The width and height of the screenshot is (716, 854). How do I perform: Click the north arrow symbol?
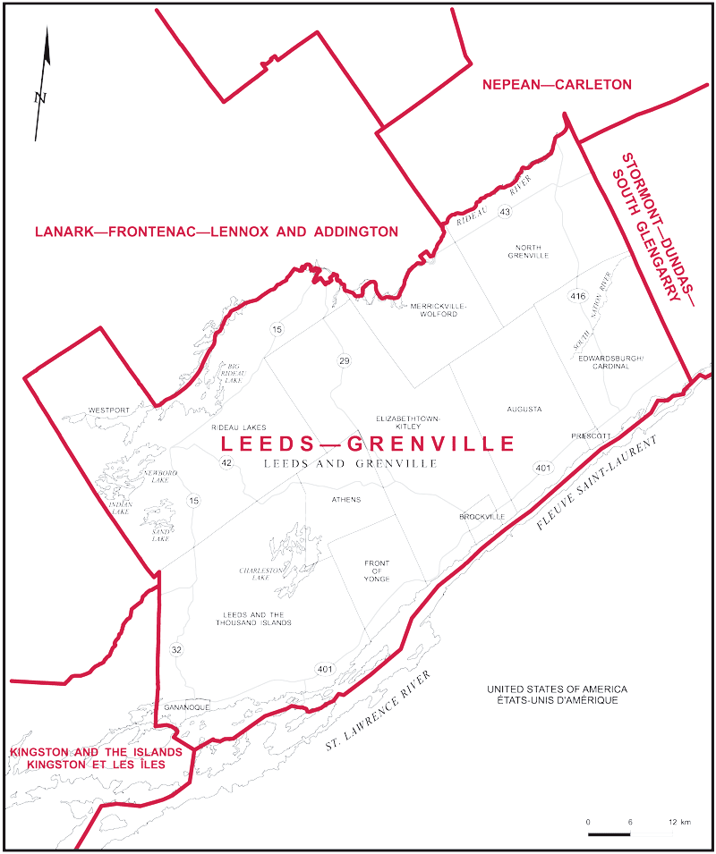(x=42, y=85)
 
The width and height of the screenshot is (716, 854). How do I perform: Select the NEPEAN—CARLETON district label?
(x=557, y=85)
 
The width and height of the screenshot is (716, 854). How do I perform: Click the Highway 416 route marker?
(x=576, y=295)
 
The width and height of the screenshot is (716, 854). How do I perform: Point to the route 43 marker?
(x=506, y=212)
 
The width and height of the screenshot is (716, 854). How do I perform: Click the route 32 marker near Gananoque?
(x=176, y=649)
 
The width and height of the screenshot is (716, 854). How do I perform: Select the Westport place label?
(x=109, y=410)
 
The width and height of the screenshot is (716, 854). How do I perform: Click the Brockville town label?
(x=482, y=517)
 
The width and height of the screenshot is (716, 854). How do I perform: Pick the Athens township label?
(x=345, y=499)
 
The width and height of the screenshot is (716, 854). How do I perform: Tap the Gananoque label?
(x=186, y=706)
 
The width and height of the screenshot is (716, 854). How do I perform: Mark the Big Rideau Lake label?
(x=232, y=373)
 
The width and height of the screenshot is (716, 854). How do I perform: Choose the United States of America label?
(x=557, y=694)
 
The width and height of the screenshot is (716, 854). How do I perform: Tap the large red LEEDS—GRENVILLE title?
(x=367, y=444)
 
